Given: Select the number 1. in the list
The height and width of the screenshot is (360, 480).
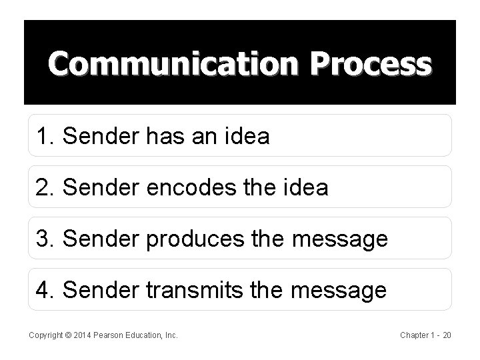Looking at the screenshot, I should click(47, 137).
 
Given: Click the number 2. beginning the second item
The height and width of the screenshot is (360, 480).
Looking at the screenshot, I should click(47, 188).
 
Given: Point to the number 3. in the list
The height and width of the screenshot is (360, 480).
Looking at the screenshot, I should click(47, 239).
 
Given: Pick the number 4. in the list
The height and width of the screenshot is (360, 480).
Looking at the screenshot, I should click(47, 290).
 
